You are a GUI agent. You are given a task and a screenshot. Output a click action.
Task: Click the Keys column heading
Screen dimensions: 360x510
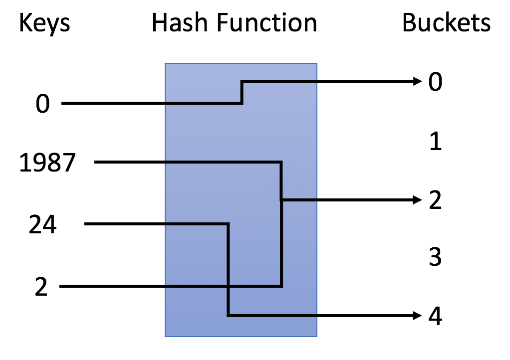click(44, 23)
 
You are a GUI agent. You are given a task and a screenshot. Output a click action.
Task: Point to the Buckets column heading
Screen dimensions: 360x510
click(446, 23)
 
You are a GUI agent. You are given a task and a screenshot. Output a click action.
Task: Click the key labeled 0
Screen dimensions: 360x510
click(43, 105)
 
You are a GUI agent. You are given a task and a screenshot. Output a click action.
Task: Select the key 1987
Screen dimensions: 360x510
click(47, 163)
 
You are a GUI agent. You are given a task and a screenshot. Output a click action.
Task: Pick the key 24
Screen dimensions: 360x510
click(43, 225)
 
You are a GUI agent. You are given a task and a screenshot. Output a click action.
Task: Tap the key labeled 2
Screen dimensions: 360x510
click(41, 288)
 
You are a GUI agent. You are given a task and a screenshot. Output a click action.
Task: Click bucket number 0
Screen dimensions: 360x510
click(435, 82)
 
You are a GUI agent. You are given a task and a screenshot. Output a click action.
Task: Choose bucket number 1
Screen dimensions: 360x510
click(435, 142)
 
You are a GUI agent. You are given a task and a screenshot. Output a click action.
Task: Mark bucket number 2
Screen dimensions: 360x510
click(435, 201)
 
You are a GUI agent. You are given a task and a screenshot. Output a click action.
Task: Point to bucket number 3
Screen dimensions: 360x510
click(435, 258)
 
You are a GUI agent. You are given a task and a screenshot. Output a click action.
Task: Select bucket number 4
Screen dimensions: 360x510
click(435, 317)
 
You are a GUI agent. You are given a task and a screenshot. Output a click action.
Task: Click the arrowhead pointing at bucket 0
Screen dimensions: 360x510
click(418, 82)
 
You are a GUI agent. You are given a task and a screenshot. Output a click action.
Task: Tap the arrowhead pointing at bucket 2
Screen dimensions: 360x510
click(418, 200)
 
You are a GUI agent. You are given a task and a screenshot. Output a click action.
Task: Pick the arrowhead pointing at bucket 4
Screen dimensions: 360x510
click(418, 316)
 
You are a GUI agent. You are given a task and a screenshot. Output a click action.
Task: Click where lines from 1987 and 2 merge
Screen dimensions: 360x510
click(282, 200)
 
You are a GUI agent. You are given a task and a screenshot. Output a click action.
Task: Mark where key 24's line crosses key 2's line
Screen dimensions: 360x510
click(228, 287)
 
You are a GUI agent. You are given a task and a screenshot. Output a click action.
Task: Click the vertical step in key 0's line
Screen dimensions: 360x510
click(242, 93)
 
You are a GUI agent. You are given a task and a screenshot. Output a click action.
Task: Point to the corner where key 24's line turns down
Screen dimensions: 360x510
click(228, 224)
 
